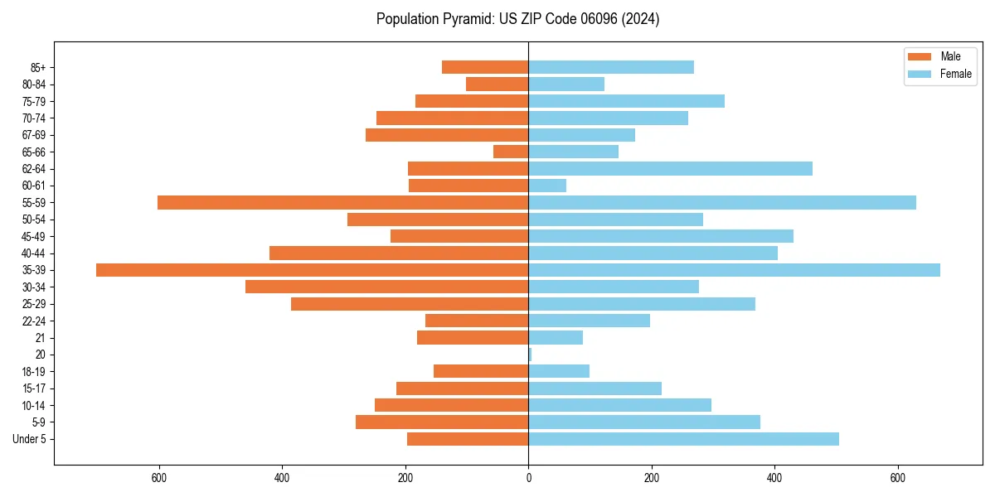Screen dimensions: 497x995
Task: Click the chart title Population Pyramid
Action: pyautogui.click(x=517, y=19)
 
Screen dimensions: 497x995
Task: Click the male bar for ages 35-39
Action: pyautogui.click(x=312, y=270)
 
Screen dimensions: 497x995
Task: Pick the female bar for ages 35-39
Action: pyautogui.click(x=734, y=270)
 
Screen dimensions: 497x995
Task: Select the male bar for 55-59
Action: pyautogui.click(x=342, y=202)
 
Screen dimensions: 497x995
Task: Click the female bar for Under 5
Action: pyautogui.click(x=683, y=439)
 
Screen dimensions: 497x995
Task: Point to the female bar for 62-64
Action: pyautogui.click(x=670, y=169)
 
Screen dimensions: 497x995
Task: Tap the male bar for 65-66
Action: pyautogui.click(x=511, y=152)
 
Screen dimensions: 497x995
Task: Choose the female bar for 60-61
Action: pyautogui.click(x=547, y=186)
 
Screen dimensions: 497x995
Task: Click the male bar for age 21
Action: pyautogui.click(x=473, y=338)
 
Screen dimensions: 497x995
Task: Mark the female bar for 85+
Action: pyautogui.click(x=611, y=67)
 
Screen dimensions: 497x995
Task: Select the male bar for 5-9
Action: pyautogui.click(x=442, y=422)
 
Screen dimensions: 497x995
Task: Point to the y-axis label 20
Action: pyautogui.click(x=40, y=355)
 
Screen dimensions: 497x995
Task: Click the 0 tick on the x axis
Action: pyautogui.click(x=528, y=478)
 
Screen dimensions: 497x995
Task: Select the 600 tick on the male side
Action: pyautogui.click(x=159, y=478)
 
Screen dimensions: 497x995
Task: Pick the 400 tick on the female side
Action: pyautogui.click(x=774, y=478)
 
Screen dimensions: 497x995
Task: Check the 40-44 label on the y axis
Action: pyautogui.click(x=33, y=253)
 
